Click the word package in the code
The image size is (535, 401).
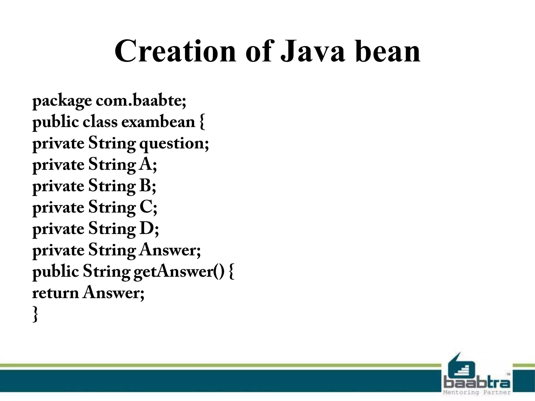point(62,101)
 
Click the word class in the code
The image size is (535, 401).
point(100,122)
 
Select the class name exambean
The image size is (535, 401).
point(158,122)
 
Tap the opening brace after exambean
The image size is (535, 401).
point(202,122)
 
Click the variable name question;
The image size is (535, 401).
point(174,144)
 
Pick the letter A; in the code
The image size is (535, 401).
point(148,165)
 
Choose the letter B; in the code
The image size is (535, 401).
point(148,186)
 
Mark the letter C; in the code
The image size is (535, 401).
point(148,208)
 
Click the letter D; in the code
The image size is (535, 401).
point(149,229)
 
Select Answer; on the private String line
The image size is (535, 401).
point(170,250)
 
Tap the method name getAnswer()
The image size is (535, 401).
point(179,272)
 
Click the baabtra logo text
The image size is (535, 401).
point(477,383)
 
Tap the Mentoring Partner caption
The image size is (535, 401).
point(477,392)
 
